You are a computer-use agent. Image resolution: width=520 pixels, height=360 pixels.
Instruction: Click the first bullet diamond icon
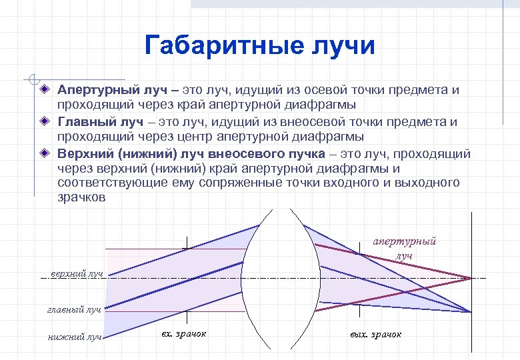click(43, 89)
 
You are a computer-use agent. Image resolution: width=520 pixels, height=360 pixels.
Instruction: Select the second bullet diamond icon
click(43, 121)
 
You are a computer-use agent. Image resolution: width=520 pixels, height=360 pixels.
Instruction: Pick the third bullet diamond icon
click(43, 153)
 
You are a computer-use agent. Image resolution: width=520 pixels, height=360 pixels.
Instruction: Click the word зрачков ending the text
click(81, 198)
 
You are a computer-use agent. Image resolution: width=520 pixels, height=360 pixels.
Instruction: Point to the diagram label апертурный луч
click(404, 248)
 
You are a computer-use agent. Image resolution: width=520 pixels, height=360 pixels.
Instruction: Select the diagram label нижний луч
click(75, 337)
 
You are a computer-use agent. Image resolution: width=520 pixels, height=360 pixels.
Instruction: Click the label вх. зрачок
click(184, 333)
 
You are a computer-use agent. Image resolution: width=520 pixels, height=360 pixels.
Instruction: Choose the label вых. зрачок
click(375, 334)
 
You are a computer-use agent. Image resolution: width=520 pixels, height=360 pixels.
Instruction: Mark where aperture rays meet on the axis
click(471, 278)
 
